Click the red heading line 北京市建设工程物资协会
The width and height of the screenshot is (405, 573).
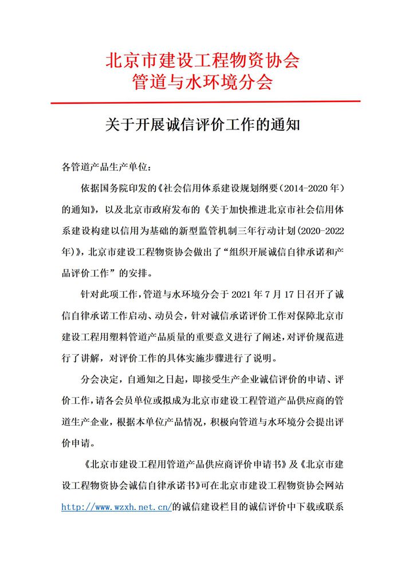202,60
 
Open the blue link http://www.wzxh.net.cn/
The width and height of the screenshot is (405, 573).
116,507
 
